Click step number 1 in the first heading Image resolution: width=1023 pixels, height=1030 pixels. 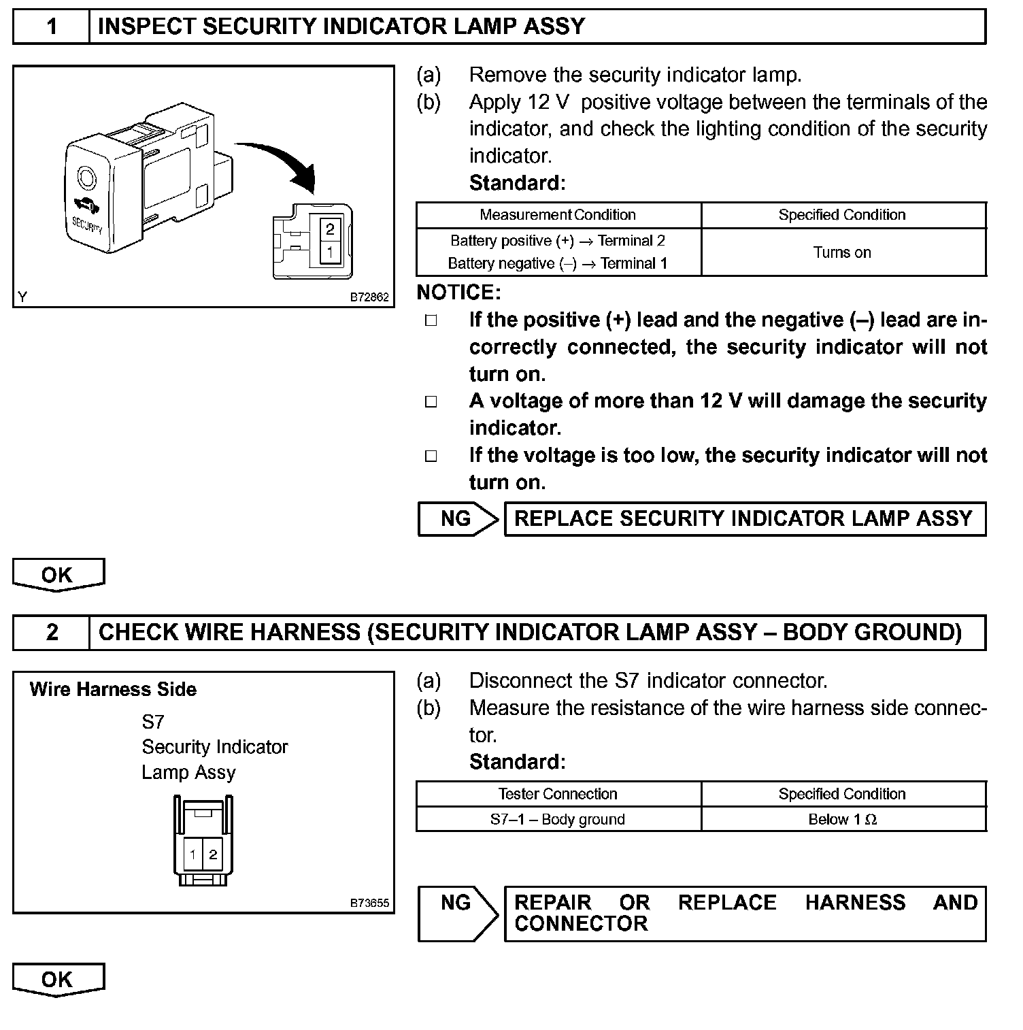click(x=52, y=27)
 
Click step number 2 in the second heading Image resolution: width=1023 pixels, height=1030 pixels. click(x=52, y=633)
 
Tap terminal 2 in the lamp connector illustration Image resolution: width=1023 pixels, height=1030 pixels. click(x=330, y=229)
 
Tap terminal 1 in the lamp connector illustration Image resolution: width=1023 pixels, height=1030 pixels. click(x=330, y=252)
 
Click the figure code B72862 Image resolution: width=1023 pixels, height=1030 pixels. click(x=369, y=297)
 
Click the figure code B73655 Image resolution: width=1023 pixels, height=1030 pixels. click(x=369, y=903)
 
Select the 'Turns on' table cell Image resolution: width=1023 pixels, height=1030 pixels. click(x=842, y=252)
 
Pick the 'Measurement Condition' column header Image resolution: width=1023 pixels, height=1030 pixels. click(x=558, y=215)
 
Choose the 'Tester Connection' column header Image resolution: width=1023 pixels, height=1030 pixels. click(x=558, y=794)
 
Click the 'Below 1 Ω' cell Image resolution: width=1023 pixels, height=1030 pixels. click(x=842, y=820)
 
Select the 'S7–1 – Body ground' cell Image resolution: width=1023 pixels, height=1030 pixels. click(x=558, y=820)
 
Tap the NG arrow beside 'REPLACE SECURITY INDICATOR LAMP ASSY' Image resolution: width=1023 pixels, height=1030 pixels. click(x=457, y=519)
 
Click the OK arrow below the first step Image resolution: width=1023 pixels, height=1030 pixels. click(x=58, y=575)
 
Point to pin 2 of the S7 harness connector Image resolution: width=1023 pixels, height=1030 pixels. click(x=213, y=854)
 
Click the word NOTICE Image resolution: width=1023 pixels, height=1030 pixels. click(x=458, y=293)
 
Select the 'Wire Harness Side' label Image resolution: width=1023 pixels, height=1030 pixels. click(x=113, y=690)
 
